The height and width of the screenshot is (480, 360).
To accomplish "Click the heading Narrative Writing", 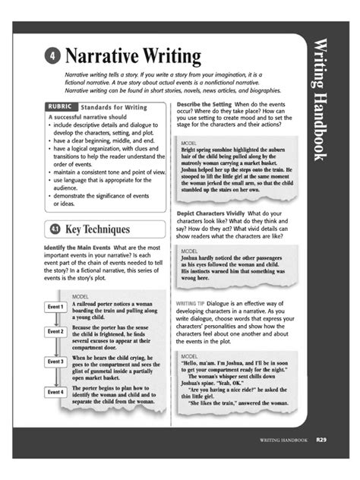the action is (133, 57).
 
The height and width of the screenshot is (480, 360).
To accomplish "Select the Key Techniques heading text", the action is (97, 229).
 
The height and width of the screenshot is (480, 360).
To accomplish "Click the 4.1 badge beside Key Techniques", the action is (55, 229).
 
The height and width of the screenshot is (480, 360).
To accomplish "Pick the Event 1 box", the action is (55, 307).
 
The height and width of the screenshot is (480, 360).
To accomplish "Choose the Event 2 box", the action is (55, 332).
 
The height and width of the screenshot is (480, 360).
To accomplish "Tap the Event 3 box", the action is (55, 362).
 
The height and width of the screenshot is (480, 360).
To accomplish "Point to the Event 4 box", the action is (55, 392).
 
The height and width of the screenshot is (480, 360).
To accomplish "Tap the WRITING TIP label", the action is (191, 302).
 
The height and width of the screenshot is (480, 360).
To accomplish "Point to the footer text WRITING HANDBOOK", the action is (283, 440).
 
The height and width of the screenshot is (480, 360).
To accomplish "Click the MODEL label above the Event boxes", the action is (81, 296).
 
